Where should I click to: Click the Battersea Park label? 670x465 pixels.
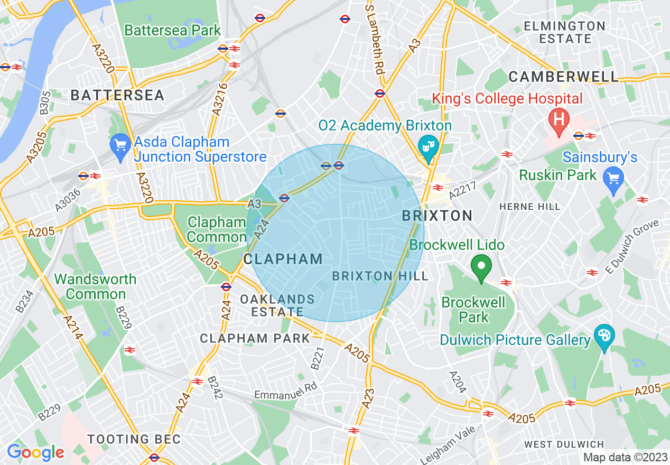(172, 30)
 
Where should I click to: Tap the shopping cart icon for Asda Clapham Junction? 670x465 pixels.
(121, 144)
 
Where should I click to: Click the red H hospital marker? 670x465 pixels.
(558, 118)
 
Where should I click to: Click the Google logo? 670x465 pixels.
(35, 452)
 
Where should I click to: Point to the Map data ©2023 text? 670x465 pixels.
(625, 457)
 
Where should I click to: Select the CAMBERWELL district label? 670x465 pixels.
(563, 77)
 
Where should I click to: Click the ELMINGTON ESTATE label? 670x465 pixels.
(564, 32)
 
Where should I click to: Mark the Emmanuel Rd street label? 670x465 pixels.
(286, 390)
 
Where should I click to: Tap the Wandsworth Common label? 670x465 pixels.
(95, 286)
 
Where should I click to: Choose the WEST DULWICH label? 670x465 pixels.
(564, 444)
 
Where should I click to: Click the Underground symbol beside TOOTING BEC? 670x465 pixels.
(154, 457)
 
